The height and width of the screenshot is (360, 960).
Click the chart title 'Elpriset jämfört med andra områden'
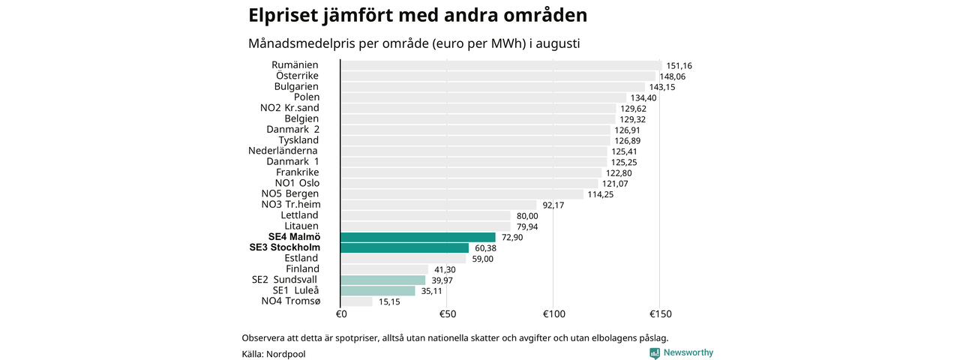click(x=418, y=16)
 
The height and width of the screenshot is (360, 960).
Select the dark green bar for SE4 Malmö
click(x=418, y=238)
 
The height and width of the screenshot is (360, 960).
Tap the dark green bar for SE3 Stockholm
click(x=404, y=248)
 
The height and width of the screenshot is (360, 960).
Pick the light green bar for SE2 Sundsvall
click(x=383, y=280)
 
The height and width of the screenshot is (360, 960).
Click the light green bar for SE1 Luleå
click(x=378, y=291)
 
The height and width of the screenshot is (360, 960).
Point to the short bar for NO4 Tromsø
click(x=356, y=301)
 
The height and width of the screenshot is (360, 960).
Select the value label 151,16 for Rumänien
click(x=679, y=66)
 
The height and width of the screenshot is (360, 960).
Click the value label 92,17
click(x=553, y=205)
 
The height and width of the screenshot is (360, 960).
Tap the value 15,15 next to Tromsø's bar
click(x=389, y=301)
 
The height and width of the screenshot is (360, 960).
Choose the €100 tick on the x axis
click(x=554, y=314)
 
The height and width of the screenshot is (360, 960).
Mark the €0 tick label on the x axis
click(x=341, y=314)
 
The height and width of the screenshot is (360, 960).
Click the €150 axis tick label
click(x=661, y=314)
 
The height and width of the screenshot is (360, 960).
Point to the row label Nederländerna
click(x=283, y=151)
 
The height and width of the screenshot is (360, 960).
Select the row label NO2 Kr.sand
click(x=289, y=108)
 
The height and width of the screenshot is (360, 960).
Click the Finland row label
click(x=302, y=268)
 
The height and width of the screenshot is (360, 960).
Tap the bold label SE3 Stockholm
click(x=284, y=247)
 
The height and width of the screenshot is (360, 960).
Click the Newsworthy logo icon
click(x=655, y=353)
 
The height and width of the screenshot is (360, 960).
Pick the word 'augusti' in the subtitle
click(x=557, y=44)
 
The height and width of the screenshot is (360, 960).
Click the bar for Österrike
click(x=498, y=76)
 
